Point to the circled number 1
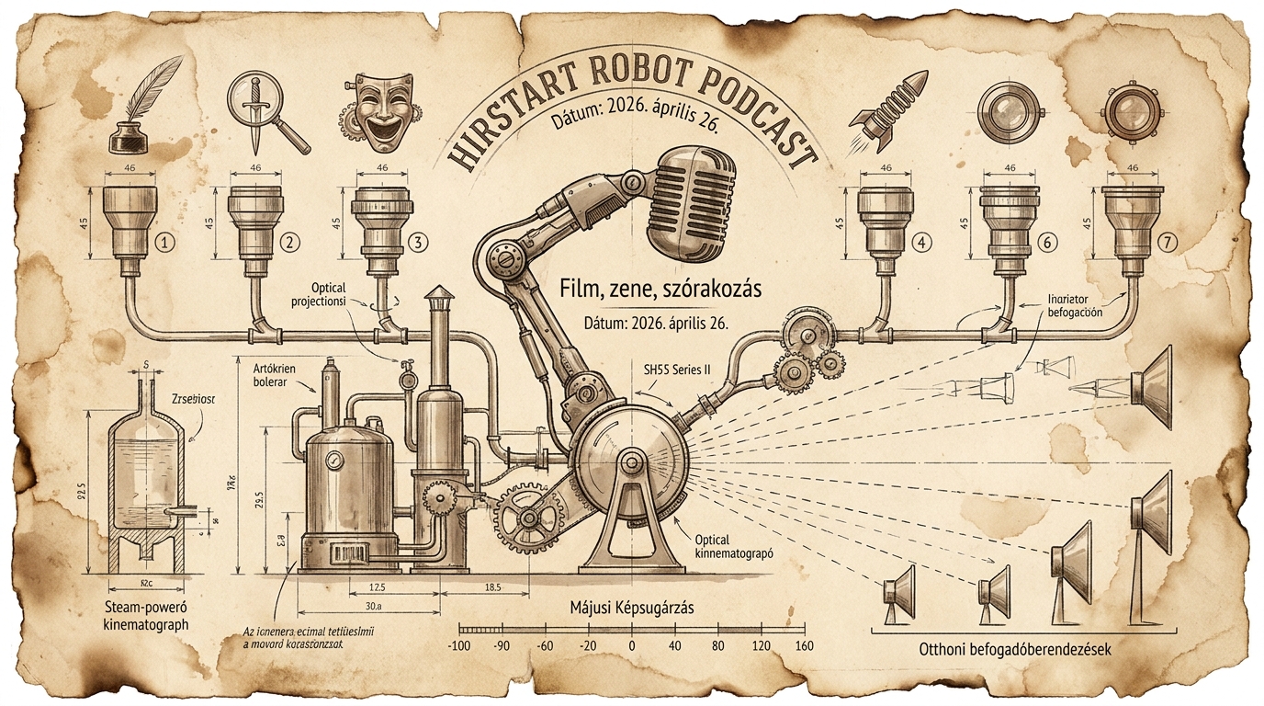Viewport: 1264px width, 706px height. [164, 243]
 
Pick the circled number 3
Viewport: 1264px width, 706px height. [418, 243]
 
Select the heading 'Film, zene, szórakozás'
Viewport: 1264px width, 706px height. [661, 289]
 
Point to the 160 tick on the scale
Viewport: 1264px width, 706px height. [805, 645]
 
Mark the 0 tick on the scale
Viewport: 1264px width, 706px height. [631, 645]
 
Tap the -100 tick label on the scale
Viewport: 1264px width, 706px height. [458, 645]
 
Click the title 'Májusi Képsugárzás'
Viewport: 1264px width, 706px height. [631, 608]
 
